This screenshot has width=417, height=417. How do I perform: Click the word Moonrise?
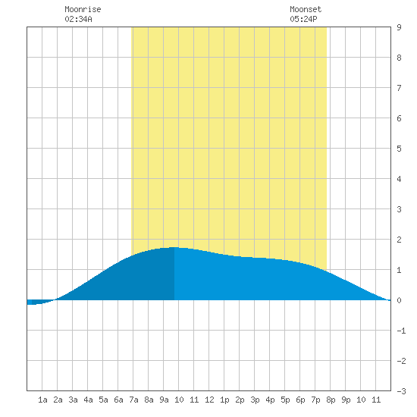click(83, 9)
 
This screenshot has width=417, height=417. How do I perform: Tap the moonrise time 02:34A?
click(78, 19)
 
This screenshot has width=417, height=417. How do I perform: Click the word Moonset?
click(306, 9)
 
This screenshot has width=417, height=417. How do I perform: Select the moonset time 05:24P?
click(303, 19)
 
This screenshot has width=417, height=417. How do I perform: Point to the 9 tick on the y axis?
click(399, 27)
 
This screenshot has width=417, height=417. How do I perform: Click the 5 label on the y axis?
click(399, 149)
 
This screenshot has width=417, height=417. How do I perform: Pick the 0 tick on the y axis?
click(399, 300)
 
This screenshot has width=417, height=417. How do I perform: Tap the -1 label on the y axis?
click(401, 331)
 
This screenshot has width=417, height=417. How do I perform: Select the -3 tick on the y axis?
click(401, 391)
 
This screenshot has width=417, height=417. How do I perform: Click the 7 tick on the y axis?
click(399, 88)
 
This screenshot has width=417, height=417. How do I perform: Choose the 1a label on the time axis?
click(42, 400)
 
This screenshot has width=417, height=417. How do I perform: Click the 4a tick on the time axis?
click(88, 400)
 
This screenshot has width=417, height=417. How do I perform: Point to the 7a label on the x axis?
click(133, 400)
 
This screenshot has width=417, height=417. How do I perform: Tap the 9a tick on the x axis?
click(164, 400)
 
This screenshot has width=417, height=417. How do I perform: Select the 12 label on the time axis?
click(209, 400)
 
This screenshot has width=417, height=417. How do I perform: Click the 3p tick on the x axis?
click(255, 400)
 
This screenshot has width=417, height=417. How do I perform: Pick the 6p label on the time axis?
click(300, 400)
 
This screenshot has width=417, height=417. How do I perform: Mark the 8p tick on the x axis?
click(331, 400)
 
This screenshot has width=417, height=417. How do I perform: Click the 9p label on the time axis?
click(346, 400)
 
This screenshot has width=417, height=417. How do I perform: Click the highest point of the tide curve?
click(174, 247)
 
